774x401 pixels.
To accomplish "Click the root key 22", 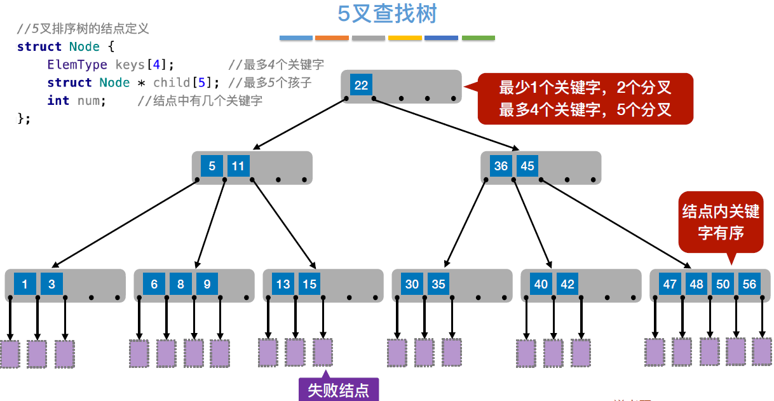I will coord(361,85).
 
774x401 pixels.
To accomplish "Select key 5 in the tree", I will coord(212,167).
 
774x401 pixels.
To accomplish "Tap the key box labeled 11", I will coord(238,167).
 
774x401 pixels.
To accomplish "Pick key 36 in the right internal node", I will coord(501,166).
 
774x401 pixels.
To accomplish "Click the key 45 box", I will coord(527,166).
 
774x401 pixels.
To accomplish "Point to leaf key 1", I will coord(25,284).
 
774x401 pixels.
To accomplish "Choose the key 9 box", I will coord(207,284).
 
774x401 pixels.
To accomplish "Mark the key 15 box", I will coord(309,284).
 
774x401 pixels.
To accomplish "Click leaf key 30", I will coord(412,284).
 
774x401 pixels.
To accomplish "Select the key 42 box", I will coord(567,284).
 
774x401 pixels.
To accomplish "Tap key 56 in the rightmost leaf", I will coord(749,284).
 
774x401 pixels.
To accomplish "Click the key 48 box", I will coord(696,284).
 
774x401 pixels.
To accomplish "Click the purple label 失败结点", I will coord(338,390).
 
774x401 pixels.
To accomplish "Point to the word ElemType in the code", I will coord(77,65).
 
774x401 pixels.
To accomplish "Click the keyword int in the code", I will coord(58,100).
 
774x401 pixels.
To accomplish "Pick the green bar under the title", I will coord(478,38).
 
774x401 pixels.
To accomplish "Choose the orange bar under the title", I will coord(332,38).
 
